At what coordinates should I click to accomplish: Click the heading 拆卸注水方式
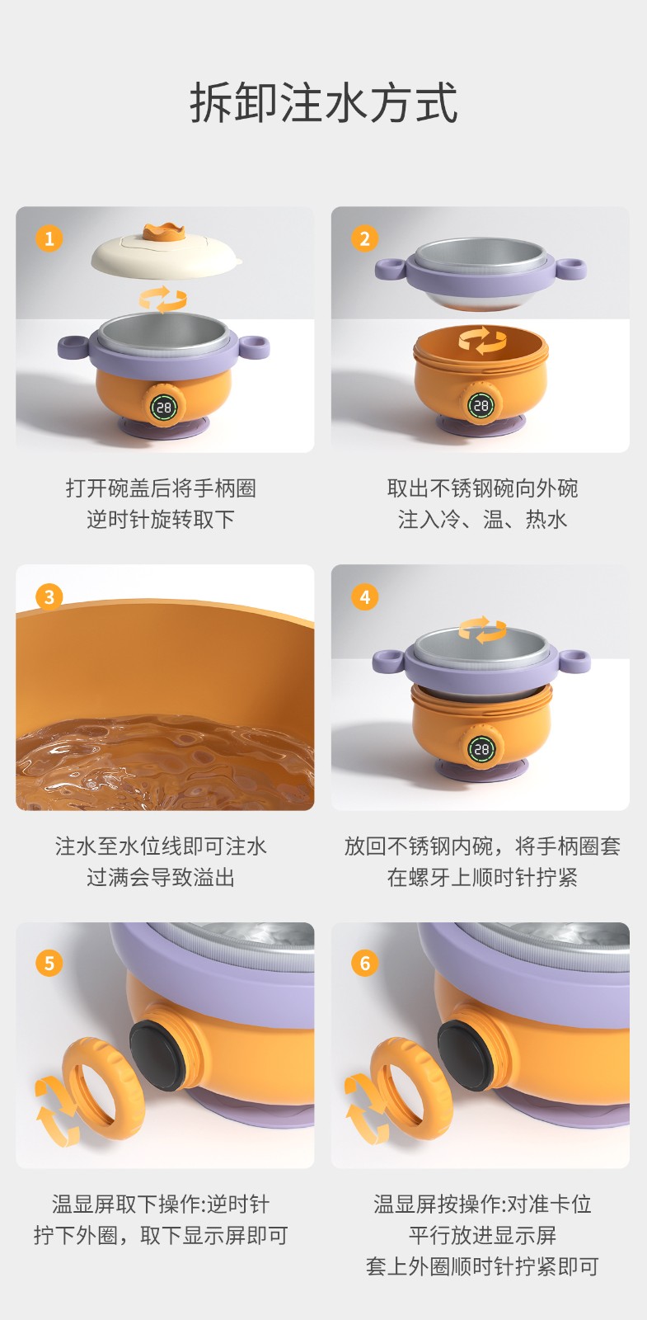[x=323, y=104]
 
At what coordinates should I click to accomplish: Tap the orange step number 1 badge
[x=49, y=238]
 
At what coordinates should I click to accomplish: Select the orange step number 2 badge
[x=365, y=238]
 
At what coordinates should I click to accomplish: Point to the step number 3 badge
[x=49, y=597]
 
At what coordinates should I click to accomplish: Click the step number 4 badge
[x=365, y=597]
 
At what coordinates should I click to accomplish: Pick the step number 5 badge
[x=49, y=964]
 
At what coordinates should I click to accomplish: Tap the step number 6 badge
[x=365, y=964]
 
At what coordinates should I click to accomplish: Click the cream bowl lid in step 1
[x=166, y=257]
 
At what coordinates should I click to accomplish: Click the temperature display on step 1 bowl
[x=164, y=408]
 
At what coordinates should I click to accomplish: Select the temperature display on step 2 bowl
[x=481, y=405]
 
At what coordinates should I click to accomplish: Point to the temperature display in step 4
[x=482, y=749]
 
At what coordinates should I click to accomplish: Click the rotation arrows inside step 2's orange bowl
[x=483, y=342]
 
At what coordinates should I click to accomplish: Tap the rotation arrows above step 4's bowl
[x=483, y=629]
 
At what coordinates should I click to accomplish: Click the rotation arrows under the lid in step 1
[x=163, y=299]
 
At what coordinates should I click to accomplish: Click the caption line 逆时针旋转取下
[x=161, y=519]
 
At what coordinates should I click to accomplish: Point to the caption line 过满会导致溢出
[x=161, y=878]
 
